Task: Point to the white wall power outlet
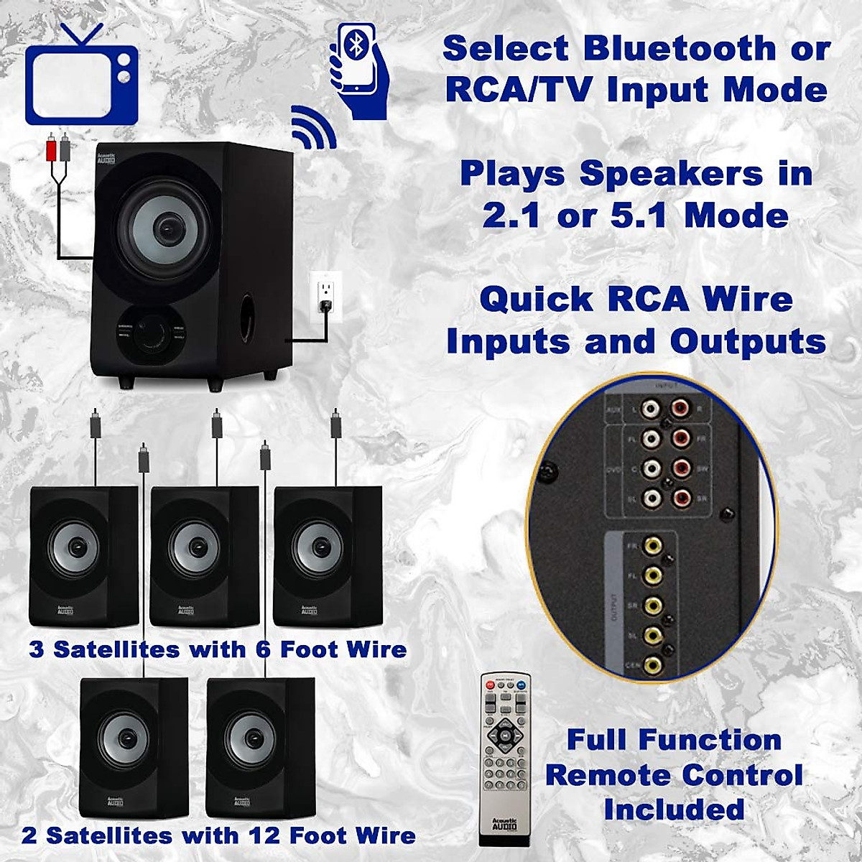coord(325,295)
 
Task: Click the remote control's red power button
coord(491,687)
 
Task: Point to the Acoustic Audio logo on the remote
coord(505,824)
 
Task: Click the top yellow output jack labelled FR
coord(652,546)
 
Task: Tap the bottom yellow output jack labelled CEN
coord(652,665)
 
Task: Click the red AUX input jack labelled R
coord(680,409)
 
